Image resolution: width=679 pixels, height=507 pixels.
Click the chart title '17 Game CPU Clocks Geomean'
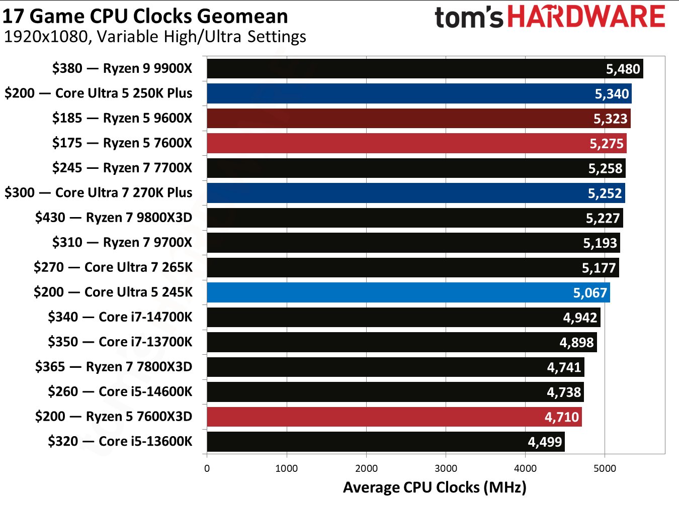145,16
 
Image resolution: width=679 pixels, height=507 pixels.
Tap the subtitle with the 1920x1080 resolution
155,37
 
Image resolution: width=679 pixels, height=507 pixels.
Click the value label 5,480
623,69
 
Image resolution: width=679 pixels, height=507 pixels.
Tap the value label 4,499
545,442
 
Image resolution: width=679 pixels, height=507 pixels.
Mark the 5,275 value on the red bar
607,144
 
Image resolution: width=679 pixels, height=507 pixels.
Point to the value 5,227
603,218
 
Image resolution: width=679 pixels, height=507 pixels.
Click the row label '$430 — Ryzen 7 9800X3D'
114,218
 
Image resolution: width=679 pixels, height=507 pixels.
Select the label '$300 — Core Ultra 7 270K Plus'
99,192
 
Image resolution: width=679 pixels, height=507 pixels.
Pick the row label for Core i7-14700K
120,317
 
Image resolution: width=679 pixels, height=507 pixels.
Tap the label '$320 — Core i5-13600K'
120,441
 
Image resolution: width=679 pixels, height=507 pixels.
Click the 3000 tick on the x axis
446,468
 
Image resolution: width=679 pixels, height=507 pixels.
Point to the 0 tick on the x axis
207,468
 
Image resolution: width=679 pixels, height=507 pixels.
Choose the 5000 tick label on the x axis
605,468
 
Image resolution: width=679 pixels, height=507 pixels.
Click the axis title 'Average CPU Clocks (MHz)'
435,487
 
